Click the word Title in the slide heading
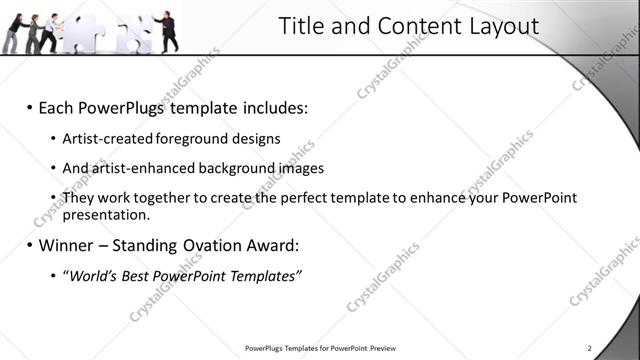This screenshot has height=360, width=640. tap(299, 26)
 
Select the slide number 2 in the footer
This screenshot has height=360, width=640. tap(590, 348)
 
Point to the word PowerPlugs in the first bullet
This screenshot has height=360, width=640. tap(117, 106)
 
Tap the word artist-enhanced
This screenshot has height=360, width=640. tap(135, 168)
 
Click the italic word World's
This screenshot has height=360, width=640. tap(89, 275)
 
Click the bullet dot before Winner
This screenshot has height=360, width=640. tap(30, 244)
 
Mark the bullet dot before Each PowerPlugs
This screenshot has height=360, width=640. tap(30, 106)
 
